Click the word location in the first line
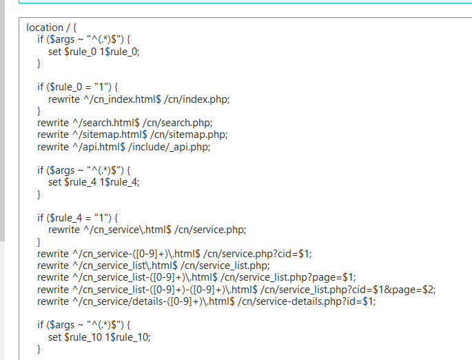[x=45, y=28]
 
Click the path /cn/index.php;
[x=196, y=99]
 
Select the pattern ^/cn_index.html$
[x=122, y=99]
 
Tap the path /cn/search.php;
[x=177, y=123]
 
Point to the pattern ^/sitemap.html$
[x=110, y=134]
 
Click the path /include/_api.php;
[x=169, y=147]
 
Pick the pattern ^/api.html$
[x=99, y=147]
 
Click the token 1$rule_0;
[x=119, y=52]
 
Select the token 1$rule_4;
[x=119, y=182]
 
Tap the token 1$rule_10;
[x=127, y=337]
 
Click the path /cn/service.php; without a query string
[x=210, y=230]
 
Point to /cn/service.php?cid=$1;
[x=258, y=254]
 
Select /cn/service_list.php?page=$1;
[x=288, y=277]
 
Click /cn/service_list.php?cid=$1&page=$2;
[x=348, y=290]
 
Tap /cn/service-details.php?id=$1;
[x=307, y=301]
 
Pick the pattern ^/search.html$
[x=106, y=123]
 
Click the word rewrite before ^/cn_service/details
[x=53, y=301]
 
